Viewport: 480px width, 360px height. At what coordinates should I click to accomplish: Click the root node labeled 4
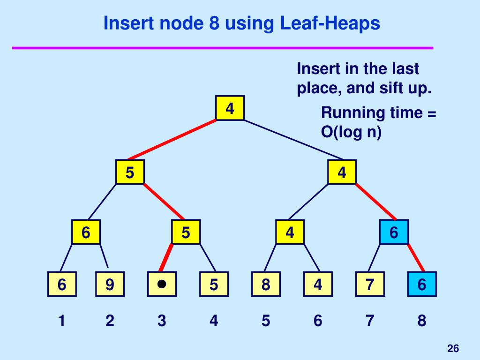[x=230, y=108]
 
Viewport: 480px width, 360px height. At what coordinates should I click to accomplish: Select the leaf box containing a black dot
[x=162, y=284]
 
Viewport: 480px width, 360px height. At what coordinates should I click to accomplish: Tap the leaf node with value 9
[x=110, y=284]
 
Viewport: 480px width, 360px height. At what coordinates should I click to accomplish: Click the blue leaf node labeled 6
[x=422, y=284]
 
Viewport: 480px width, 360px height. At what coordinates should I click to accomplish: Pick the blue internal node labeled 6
[x=394, y=232]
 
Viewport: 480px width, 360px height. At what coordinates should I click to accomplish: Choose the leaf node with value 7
[x=370, y=284]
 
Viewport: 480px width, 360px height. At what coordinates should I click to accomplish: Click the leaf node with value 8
[x=266, y=284]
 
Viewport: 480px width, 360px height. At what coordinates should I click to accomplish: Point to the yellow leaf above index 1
[x=61, y=284]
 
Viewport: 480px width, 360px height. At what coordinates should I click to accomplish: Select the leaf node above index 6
[x=318, y=284]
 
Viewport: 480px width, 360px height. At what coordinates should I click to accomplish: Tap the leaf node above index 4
[x=214, y=284]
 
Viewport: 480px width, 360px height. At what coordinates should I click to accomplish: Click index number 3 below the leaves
[x=162, y=321]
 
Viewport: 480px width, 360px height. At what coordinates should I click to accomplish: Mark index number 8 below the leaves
[x=422, y=321]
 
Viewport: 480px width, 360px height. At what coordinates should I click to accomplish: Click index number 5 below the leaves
[x=266, y=321]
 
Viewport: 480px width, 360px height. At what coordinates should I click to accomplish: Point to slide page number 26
[x=453, y=348]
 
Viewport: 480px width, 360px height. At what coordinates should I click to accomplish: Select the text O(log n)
[x=351, y=133]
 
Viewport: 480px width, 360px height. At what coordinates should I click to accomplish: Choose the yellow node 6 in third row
[x=86, y=232]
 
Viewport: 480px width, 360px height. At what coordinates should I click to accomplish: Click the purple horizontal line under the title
[x=222, y=47]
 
